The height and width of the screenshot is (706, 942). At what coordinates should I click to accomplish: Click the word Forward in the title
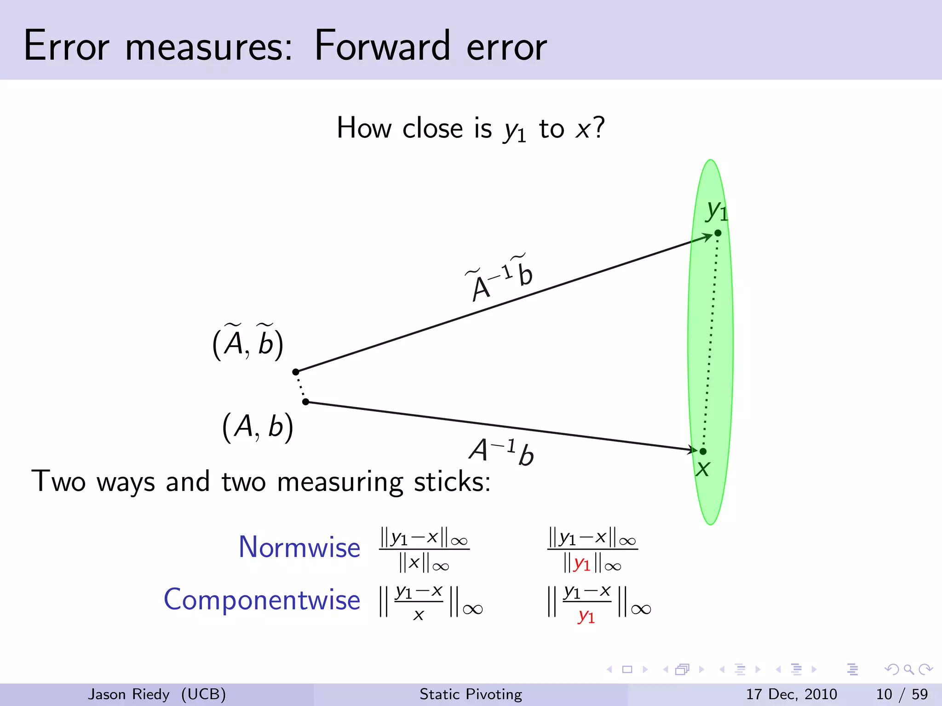pyautogui.click(x=381, y=46)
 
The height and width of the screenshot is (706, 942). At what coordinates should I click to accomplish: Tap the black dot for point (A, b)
pyautogui.click(x=306, y=402)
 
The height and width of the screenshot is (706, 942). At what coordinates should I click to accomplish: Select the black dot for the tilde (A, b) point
pyautogui.click(x=296, y=372)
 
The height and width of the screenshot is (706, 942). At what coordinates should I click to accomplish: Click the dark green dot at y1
pyautogui.click(x=718, y=233)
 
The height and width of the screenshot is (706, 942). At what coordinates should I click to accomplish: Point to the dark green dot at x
pyautogui.click(x=703, y=451)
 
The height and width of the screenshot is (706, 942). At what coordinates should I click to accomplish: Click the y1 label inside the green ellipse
pyautogui.click(x=717, y=211)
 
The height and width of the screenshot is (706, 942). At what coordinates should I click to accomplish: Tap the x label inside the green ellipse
pyautogui.click(x=702, y=469)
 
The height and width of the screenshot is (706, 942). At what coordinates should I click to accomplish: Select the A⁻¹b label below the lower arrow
pyautogui.click(x=501, y=452)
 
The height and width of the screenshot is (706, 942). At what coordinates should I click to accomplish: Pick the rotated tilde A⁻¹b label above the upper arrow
pyautogui.click(x=499, y=278)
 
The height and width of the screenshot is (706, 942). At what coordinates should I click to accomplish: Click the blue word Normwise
pyautogui.click(x=299, y=547)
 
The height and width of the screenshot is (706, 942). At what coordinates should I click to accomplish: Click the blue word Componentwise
pyautogui.click(x=262, y=600)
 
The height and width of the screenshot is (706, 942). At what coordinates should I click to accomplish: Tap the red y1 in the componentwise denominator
pyautogui.click(x=586, y=616)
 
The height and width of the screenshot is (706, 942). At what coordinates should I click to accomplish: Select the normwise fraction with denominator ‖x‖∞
pyautogui.click(x=424, y=550)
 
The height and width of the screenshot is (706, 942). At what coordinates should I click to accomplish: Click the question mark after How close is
pyautogui.click(x=598, y=127)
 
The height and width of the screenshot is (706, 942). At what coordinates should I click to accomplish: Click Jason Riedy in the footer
pyautogui.click(x=129, y=694)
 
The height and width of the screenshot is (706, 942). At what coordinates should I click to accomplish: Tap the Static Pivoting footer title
pyautogui.click(x=471, y=694)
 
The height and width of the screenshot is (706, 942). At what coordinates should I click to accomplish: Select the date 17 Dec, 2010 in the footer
pyautogui.click(x=791, y=694)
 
